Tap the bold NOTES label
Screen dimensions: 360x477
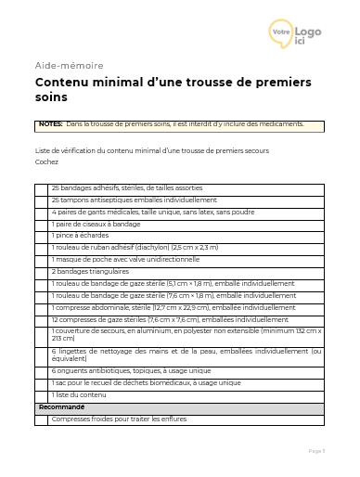point(51,123)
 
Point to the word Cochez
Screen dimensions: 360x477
point(46,162)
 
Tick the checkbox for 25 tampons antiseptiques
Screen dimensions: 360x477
point(41,200)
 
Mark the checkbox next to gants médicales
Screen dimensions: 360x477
point(41,212)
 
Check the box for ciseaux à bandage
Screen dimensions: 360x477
point(41,224)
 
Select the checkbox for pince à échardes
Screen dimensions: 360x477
point(41,236)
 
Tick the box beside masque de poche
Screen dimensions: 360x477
point(41,260)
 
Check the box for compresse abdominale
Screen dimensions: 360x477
point(41,307)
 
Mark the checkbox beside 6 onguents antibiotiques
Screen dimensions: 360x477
point(41,370)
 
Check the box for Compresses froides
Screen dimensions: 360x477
point(41,419)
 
